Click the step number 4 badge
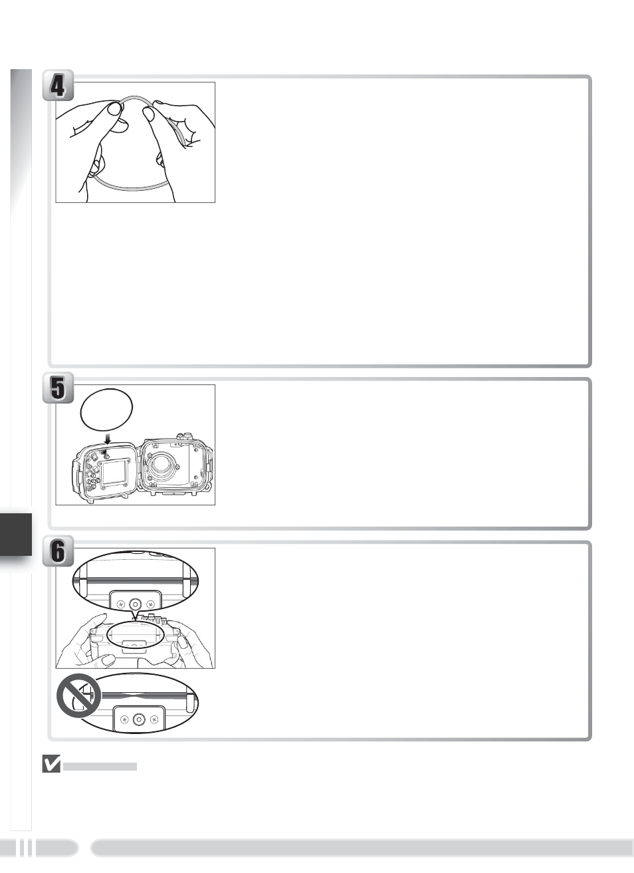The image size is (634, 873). pyautogui.click(x=58, y=85)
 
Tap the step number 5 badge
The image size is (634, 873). pyautogui.click(x=58, y=388)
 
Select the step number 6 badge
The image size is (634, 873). pyautogui.click(x=58, y=551)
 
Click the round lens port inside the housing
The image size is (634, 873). pyautogui.click(x=160, y=464)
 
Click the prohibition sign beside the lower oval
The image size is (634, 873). pyautogui.click(x=79, y=695)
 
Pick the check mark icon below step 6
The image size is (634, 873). pyautogui.click(x=51, y=764)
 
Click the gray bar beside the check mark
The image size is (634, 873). pyautogui.click(x=100, y=767)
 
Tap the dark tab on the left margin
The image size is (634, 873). pyautogui.click(x=16, y=535)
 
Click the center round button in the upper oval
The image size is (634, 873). pyautogui.click(x=135, y=604)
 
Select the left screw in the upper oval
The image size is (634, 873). pyautogui.click(x=121, y=604)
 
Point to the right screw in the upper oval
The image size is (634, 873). pyautogui.click(x=150, y=604)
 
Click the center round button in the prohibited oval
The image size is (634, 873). pyautogui.click(x=139, y=719)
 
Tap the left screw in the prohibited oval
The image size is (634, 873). pyautogui.click(x=125, y=719)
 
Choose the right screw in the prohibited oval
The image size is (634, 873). pyautogui.click(x=154, y=719)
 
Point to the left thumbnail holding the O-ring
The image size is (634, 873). pyautogui.click(x=114, y=108)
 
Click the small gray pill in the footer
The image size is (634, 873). pyautogui.click(x=57, y=847)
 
